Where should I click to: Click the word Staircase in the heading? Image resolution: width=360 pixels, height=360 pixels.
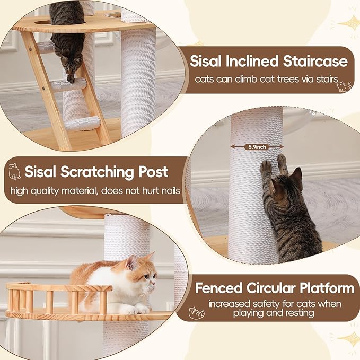315,62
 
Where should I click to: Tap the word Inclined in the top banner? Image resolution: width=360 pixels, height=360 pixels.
252,62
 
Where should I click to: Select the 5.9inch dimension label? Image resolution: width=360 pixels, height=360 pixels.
257,147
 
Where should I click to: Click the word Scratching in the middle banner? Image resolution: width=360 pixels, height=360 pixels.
97,172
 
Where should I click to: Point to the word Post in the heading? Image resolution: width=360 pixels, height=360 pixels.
153,171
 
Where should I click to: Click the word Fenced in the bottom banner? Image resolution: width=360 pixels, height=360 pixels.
218,288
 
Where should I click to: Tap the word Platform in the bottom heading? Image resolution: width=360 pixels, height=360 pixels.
327,288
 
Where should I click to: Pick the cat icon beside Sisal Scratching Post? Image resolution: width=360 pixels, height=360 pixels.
14,171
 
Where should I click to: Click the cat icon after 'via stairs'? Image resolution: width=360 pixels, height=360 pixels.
344,86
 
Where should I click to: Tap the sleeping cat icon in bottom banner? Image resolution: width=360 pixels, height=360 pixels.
196,313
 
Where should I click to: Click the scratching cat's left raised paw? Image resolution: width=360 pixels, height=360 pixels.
265,165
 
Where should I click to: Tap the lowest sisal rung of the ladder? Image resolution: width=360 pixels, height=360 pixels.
82,124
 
